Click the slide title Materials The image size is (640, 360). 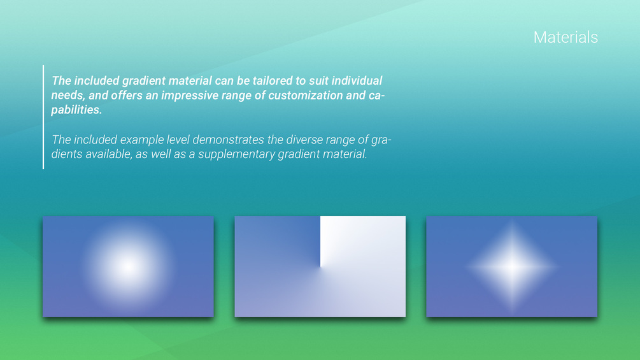click(565, 38)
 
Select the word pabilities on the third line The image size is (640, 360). click(76, 110)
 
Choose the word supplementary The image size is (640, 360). click(236, 154)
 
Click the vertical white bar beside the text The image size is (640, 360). click(43, 117)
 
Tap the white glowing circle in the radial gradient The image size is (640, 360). click(128, 266)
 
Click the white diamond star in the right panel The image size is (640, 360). click(512, 266)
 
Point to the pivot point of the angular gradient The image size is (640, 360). click(320, 267)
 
